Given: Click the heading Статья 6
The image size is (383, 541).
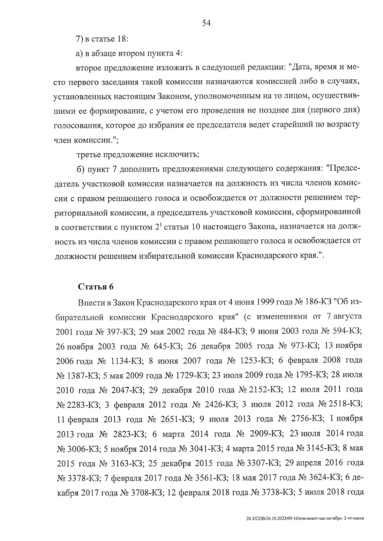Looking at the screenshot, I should point(96,286).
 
